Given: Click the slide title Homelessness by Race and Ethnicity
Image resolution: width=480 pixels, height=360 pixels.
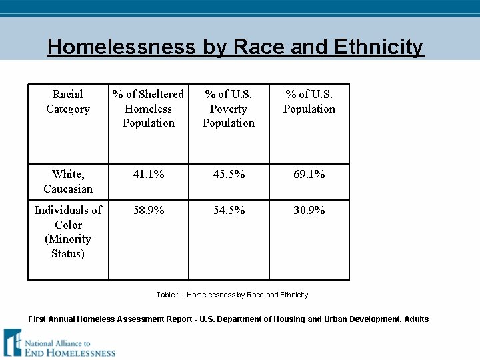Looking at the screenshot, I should click(235, 47).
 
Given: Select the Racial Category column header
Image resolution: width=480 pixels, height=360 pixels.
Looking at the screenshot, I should click(68, 102).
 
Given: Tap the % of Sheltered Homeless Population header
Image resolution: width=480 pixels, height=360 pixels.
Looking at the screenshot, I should click(149, 109).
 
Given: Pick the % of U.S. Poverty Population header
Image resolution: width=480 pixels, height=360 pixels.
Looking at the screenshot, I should click(229, 109).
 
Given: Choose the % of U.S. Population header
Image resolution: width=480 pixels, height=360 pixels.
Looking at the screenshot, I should click(309, 102).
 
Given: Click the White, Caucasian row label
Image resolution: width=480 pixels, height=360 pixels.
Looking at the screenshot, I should click(68, 181).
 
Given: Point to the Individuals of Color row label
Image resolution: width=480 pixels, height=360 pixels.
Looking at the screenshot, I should click(68, 217).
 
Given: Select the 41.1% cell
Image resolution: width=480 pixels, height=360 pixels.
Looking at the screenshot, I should click(149, 175).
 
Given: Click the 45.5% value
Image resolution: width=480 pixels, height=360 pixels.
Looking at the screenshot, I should click(229, 175).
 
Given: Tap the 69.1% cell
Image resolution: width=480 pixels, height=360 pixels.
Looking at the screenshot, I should click(309, 175).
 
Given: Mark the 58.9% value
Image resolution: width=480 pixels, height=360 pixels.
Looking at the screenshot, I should click(149, 211).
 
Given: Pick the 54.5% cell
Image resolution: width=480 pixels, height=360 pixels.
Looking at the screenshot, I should click(229, 211).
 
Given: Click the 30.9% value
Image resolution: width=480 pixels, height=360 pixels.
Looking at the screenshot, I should click(309, 211).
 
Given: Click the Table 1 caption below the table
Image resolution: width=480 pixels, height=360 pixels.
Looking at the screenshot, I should click(232, 295).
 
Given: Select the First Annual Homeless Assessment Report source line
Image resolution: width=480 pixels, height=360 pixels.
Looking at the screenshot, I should click(229, 319).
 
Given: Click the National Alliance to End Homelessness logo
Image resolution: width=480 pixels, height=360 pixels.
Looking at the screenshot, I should click(59, 343).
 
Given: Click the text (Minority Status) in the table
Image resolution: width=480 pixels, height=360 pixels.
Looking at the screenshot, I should click(68, 246).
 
